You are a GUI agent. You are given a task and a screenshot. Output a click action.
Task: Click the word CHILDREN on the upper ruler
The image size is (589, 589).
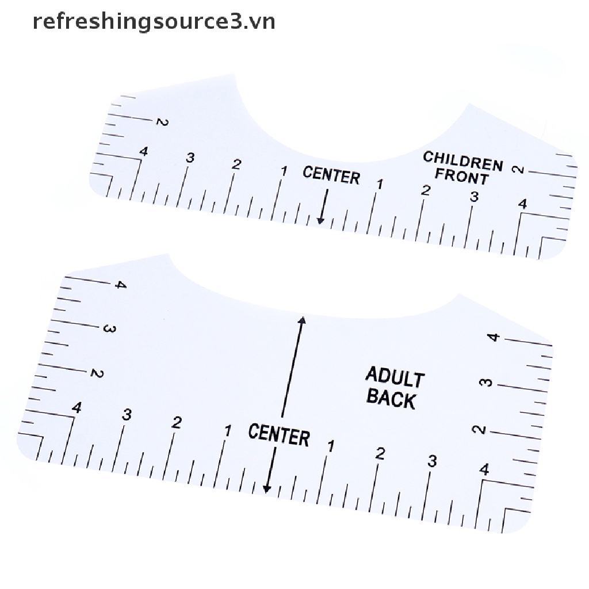462,162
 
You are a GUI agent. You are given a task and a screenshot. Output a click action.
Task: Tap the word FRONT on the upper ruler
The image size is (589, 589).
461,176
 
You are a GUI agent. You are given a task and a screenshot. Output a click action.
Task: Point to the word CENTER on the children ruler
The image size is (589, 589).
331,175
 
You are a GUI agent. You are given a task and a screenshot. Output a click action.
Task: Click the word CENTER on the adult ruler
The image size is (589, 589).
279,434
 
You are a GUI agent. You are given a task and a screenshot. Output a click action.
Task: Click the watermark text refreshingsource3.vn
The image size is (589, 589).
154,21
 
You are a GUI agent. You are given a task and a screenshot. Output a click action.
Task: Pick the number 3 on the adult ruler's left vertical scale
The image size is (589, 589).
109,329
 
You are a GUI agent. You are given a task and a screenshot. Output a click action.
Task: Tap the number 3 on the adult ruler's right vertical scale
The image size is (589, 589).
487,382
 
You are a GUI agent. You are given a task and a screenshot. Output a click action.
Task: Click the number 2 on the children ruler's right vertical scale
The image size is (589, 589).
518,169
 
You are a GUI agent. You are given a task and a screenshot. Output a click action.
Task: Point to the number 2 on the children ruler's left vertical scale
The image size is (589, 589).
161,122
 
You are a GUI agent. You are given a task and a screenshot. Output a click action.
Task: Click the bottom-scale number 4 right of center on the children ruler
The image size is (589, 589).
522,204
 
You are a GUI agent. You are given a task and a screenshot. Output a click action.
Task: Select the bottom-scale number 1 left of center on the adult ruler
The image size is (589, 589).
228,430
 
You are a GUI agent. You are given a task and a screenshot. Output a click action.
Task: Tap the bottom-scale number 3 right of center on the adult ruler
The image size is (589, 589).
432,461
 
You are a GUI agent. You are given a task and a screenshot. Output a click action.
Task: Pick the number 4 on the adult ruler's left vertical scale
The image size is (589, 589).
120,285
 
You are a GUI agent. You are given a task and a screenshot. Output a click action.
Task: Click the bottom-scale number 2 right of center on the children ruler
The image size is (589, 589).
426,190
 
